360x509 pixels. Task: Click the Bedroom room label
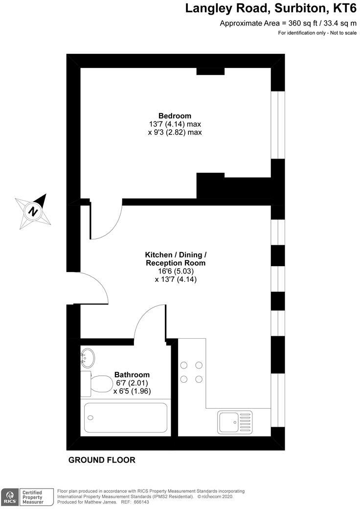click(175, 116)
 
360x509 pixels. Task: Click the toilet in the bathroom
click(97, 384)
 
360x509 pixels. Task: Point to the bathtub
click(126, 417)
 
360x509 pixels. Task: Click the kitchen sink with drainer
click(235, 421)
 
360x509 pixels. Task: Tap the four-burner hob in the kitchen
click(192, 371)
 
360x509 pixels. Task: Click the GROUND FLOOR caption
click(102, 460)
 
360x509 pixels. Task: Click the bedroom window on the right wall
click(278, 125)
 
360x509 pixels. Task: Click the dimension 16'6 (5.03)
click(175, 271)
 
